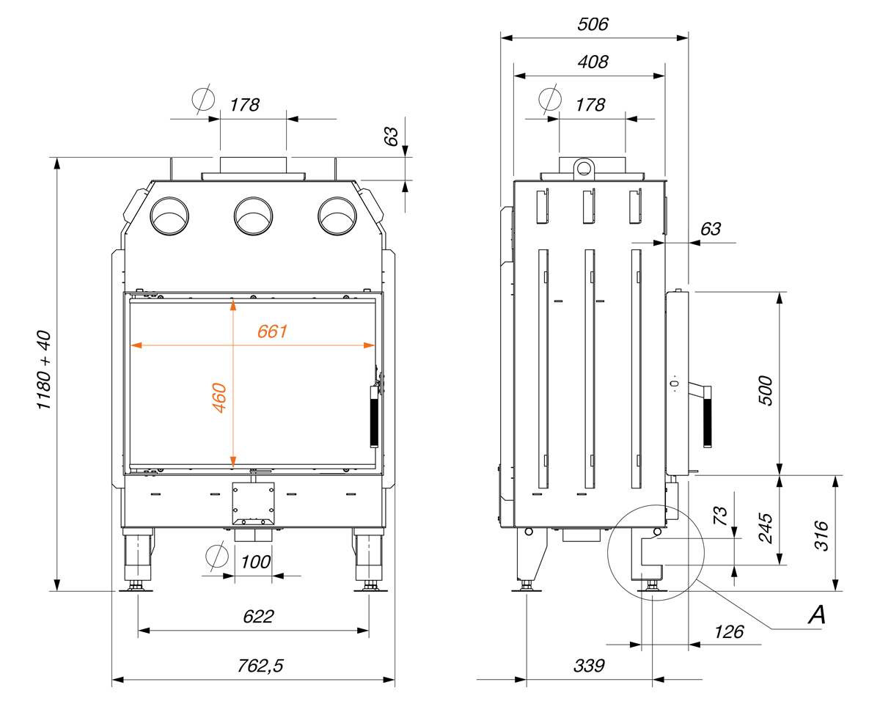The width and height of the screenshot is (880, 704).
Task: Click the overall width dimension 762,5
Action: click(x=260, y=666)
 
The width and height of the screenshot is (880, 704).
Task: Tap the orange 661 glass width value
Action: click(x=272, y=331)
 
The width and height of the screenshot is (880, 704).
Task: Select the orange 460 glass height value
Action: click(x=219, y=397)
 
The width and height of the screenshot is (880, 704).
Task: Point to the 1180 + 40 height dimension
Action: click(x=44, y=370)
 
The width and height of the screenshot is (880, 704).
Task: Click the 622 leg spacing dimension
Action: click(x=258, y=617)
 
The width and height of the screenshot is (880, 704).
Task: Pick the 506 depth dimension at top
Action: click(x=593, y=24)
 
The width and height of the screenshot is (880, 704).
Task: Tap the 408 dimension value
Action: click(x=593, y=62)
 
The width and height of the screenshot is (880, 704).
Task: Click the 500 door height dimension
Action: click(x=766, y=391)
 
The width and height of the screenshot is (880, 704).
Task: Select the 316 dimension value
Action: click(x=821, y=536)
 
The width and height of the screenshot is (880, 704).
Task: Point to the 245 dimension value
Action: click(x=766, y=528)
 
